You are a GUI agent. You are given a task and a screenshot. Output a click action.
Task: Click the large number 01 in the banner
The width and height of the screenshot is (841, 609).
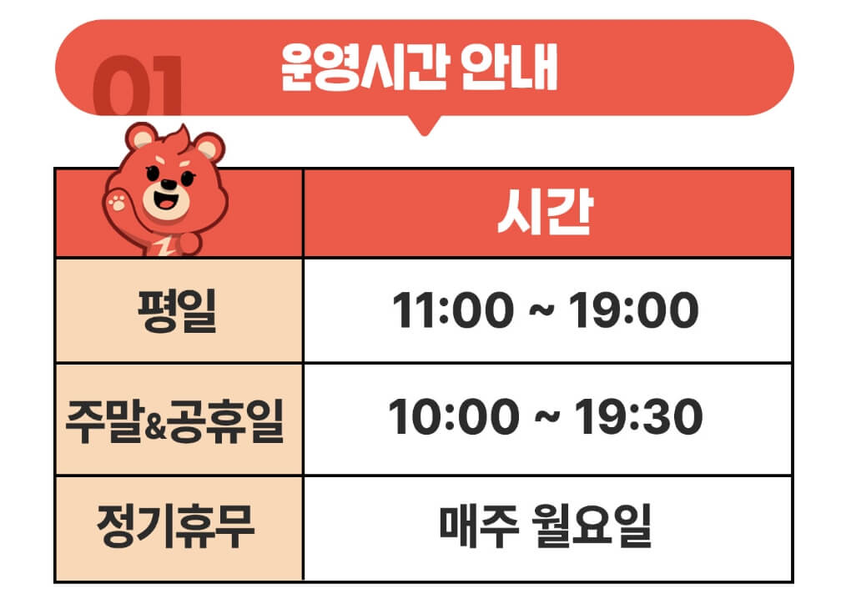[x=138, y=86]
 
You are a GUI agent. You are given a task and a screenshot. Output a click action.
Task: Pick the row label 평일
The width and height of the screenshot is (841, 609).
[x=177, y=310]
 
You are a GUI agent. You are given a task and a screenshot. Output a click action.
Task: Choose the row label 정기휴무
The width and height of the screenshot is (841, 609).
[x=176, y=527]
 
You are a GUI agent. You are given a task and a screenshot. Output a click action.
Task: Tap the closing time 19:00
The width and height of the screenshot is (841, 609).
[x=633, y=311]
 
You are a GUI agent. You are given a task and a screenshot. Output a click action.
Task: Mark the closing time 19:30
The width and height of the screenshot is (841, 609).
[x=636, y=419]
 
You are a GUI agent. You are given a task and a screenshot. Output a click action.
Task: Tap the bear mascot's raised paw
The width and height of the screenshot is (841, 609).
[x=118, y=201]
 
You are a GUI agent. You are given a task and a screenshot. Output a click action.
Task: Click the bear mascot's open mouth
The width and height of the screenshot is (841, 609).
[x=168, y=203]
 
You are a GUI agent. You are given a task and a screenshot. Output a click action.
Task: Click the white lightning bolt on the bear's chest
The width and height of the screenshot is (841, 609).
[x=165, y=244]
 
